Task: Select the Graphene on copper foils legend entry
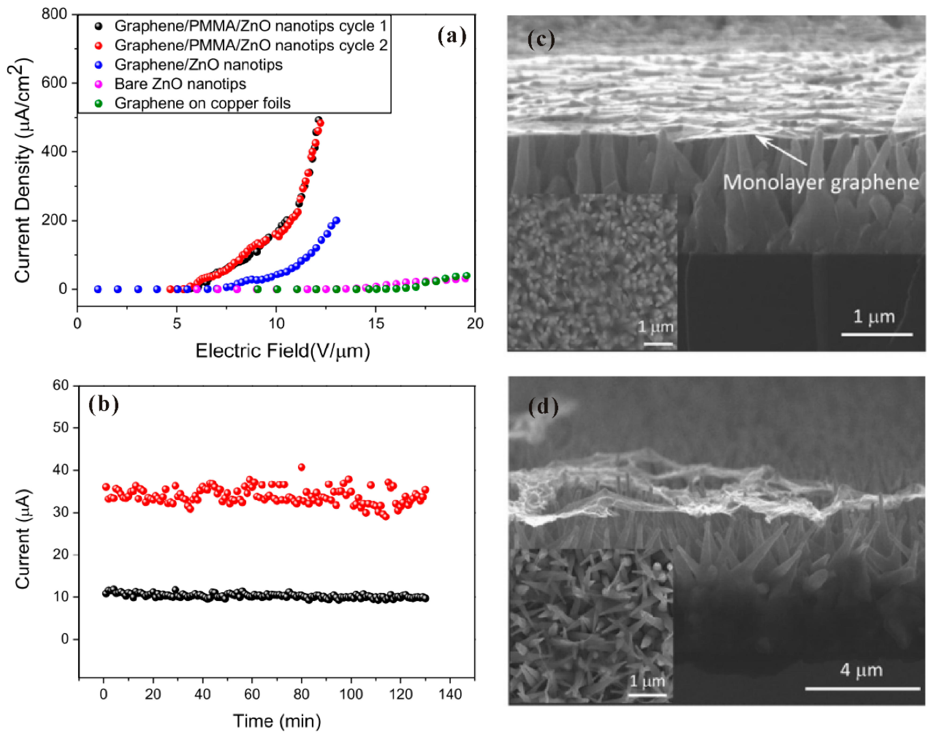coord(202,103)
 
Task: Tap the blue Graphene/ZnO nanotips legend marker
coord(99,65)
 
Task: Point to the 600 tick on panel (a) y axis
coord(54,83)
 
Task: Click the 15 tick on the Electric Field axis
coord(376,323)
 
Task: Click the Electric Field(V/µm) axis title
coord(283,351)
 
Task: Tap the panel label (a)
coord(452,36)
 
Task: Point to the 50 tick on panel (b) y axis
coord(61,428)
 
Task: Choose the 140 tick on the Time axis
coord(450,694)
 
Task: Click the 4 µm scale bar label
coord(861,670)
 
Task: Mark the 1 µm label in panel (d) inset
coord(647,681)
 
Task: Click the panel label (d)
coord(543,407)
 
